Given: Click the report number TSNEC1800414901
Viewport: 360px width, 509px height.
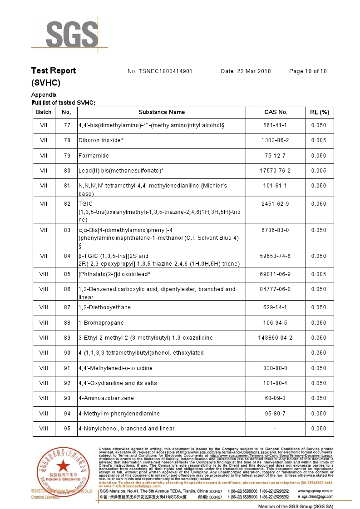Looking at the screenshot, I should coord(166,71).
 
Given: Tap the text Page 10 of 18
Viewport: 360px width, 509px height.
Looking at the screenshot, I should coord(308,71).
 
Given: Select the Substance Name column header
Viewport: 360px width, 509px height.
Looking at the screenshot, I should coord(162,112).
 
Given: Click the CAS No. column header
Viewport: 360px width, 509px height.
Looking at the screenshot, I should coord(276,112).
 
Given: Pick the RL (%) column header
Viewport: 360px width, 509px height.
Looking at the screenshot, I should coord(319,112).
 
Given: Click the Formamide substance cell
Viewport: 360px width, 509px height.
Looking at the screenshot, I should coord(94,156).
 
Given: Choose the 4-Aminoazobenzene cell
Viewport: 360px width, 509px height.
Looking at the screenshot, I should coord(106,398).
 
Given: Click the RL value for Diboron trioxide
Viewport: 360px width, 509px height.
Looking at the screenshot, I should coord(319,140).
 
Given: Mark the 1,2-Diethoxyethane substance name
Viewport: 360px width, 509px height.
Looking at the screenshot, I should coord(104,307).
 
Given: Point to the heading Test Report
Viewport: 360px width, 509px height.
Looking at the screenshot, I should coord(54,71).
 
